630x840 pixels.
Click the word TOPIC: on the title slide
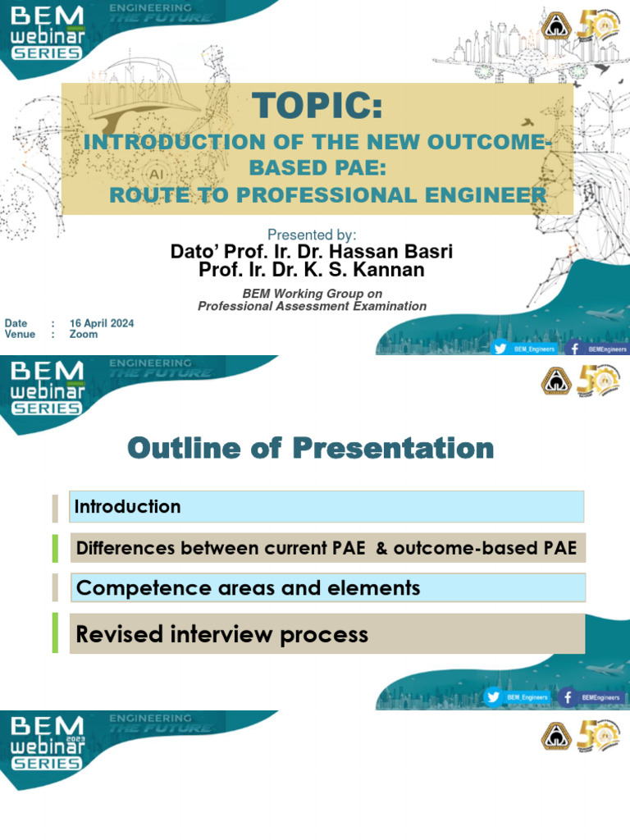coord(317,106)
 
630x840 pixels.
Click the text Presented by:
coord(312,235)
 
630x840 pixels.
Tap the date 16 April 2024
coord(101,323)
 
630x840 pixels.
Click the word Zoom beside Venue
coord(83,335)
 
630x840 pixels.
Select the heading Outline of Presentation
coord(311,449)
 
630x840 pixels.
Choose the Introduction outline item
coord(127,507)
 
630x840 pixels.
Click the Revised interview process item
coord(221,634)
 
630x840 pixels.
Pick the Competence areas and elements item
coord(248,587)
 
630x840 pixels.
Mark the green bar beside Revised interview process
coord(55,632)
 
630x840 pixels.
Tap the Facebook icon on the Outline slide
coord(566,697)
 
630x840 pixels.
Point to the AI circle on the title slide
coord(154,174)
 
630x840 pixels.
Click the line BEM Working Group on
coord(312,294)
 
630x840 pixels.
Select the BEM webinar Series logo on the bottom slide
coord(48,742)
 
